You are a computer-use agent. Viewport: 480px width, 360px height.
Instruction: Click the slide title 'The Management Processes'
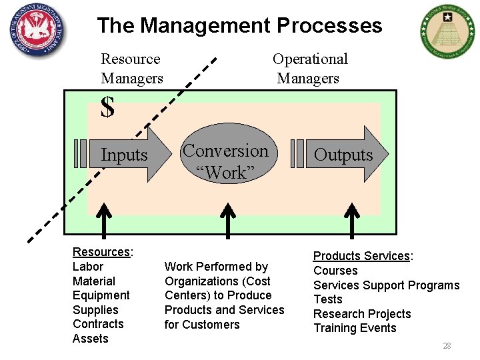pos(239,25)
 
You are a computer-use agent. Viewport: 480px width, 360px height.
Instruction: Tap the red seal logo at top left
pos(37,30)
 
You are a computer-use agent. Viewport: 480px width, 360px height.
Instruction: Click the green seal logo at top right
pos(447,30)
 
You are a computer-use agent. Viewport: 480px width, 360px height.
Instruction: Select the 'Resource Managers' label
pos(131,69)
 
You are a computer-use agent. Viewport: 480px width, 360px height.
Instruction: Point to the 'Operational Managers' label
pos(309,69)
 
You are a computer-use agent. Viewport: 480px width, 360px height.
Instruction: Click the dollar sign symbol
pos(107,107)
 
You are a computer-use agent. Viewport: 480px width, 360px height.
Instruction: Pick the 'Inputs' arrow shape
pos(123,155)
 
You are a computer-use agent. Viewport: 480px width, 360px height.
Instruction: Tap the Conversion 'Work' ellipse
pos(226,161)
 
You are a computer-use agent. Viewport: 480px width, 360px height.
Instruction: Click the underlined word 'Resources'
pos(101,252)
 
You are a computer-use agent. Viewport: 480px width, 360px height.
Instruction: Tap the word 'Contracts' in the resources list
pos(98,324)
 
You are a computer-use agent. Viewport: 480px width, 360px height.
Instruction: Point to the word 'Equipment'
pos(101,295)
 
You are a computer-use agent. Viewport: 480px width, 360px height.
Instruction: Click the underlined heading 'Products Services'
pos(361,256)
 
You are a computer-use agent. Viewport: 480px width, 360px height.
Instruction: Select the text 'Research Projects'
pos(362,314)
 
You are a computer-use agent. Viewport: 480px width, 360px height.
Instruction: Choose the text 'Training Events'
pos(355,328)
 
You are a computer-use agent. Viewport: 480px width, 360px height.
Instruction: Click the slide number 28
pos(447,346)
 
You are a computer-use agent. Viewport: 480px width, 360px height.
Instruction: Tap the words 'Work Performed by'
pos(216,267)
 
